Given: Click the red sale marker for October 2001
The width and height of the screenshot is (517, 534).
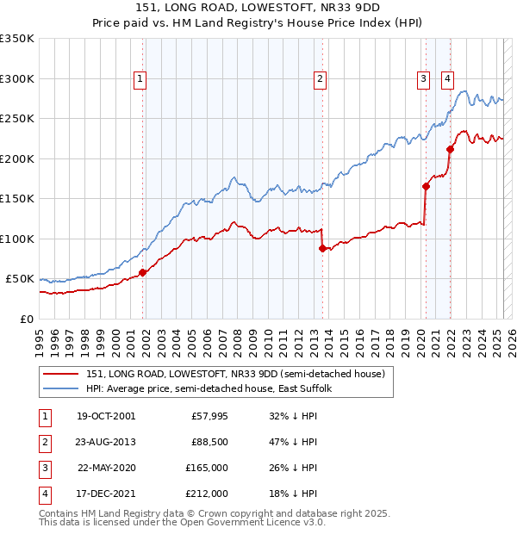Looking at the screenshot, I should point(143,272).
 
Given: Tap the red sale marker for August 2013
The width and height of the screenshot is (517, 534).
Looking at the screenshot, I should point(322,248).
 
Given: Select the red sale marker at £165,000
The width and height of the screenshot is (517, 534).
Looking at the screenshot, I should point(426,186).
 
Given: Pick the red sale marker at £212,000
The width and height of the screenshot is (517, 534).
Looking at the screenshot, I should point(450,149).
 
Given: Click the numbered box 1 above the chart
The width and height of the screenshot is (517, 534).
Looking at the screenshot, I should point(140,79).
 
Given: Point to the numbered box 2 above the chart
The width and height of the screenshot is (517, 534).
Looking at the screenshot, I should point(320,79).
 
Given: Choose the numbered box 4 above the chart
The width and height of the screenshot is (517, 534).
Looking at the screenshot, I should point(448,79).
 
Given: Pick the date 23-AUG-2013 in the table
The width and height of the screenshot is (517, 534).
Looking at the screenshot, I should point(107,442).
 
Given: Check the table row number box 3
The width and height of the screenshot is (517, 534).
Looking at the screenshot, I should point(42,468).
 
